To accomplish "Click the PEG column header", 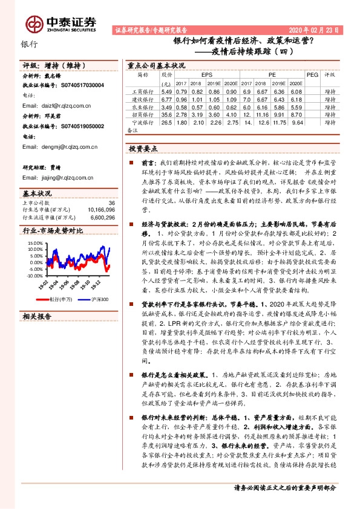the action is click(312, 75).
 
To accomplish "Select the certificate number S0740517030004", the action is click(78, 85).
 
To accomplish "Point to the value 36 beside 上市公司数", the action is click(111, 203).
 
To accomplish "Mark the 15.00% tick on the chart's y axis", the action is click(34, 243).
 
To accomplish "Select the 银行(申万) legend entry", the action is click(59, 299).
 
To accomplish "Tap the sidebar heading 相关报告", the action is click(37, 317).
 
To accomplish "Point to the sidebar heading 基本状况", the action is click(37, 193).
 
